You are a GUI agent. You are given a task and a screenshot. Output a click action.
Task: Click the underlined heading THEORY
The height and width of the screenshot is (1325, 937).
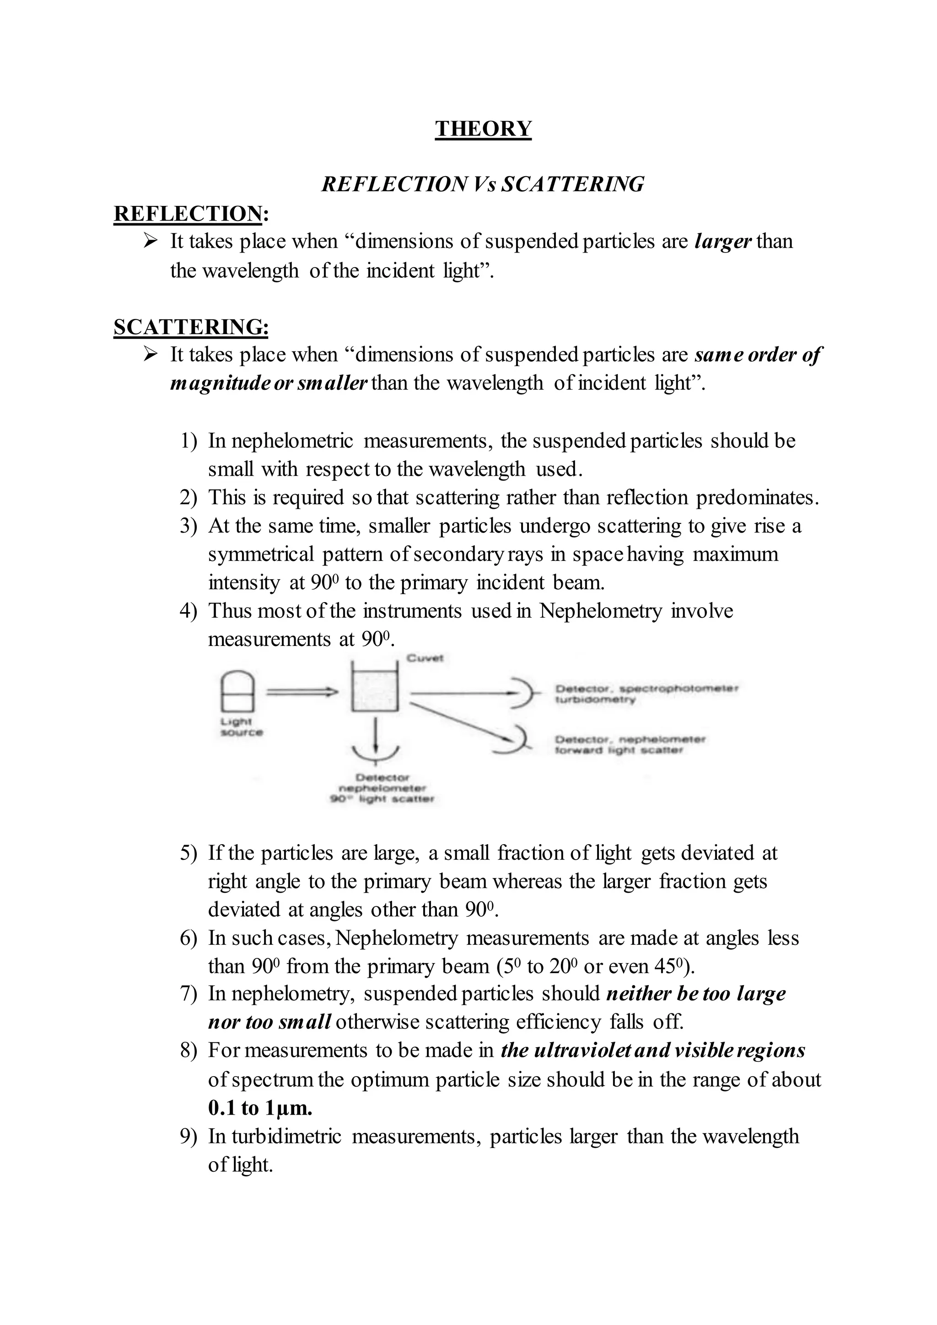[x=483, y=128]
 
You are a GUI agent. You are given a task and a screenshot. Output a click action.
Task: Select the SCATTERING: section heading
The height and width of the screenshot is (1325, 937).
[x=191, y=327]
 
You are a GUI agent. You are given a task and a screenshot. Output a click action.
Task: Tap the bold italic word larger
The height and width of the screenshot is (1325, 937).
[x=722, y=241]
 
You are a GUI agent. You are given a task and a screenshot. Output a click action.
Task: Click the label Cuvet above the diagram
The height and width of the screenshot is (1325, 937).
[x=425, y=658]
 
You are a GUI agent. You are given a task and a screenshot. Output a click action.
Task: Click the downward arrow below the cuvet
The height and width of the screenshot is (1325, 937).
[x=376, y=735]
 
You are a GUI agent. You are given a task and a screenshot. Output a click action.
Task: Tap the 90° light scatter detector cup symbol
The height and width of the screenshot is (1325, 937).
[x=376, y=754]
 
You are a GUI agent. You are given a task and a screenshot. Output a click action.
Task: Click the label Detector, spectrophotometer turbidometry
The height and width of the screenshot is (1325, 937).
[x=646, y=694]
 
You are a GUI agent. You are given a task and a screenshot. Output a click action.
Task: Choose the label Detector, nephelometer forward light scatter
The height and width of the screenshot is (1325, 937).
[x=630, y=744]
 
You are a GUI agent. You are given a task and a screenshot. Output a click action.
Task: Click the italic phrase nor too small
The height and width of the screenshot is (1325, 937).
[x=269, y=1022]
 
